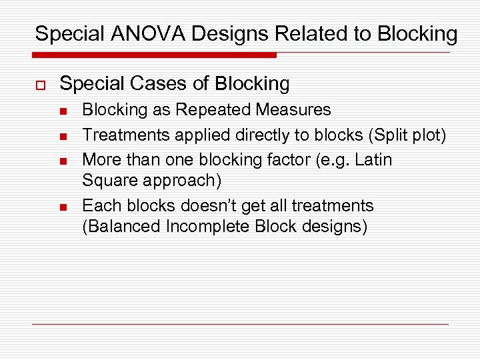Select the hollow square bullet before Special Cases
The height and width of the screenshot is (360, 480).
39,85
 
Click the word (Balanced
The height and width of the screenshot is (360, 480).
121,227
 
